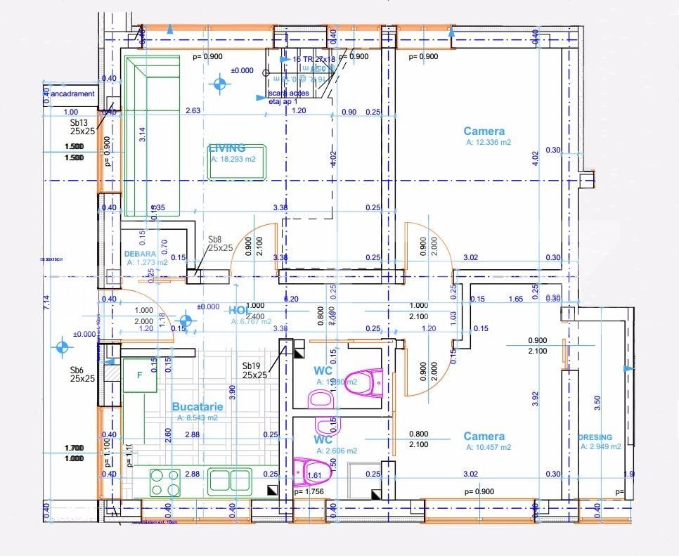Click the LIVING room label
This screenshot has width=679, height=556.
click(227, 148)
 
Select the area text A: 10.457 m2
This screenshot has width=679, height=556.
click(488, 447)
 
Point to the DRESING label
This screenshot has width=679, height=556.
click(595, 437)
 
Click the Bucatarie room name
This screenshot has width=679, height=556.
click(198, 407)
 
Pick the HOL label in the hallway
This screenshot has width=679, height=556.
click(238, 310)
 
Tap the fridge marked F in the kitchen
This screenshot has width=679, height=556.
click(139, 375)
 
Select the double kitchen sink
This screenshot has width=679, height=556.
click(231, 481)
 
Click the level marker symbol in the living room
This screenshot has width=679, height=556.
click(221, 85)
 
